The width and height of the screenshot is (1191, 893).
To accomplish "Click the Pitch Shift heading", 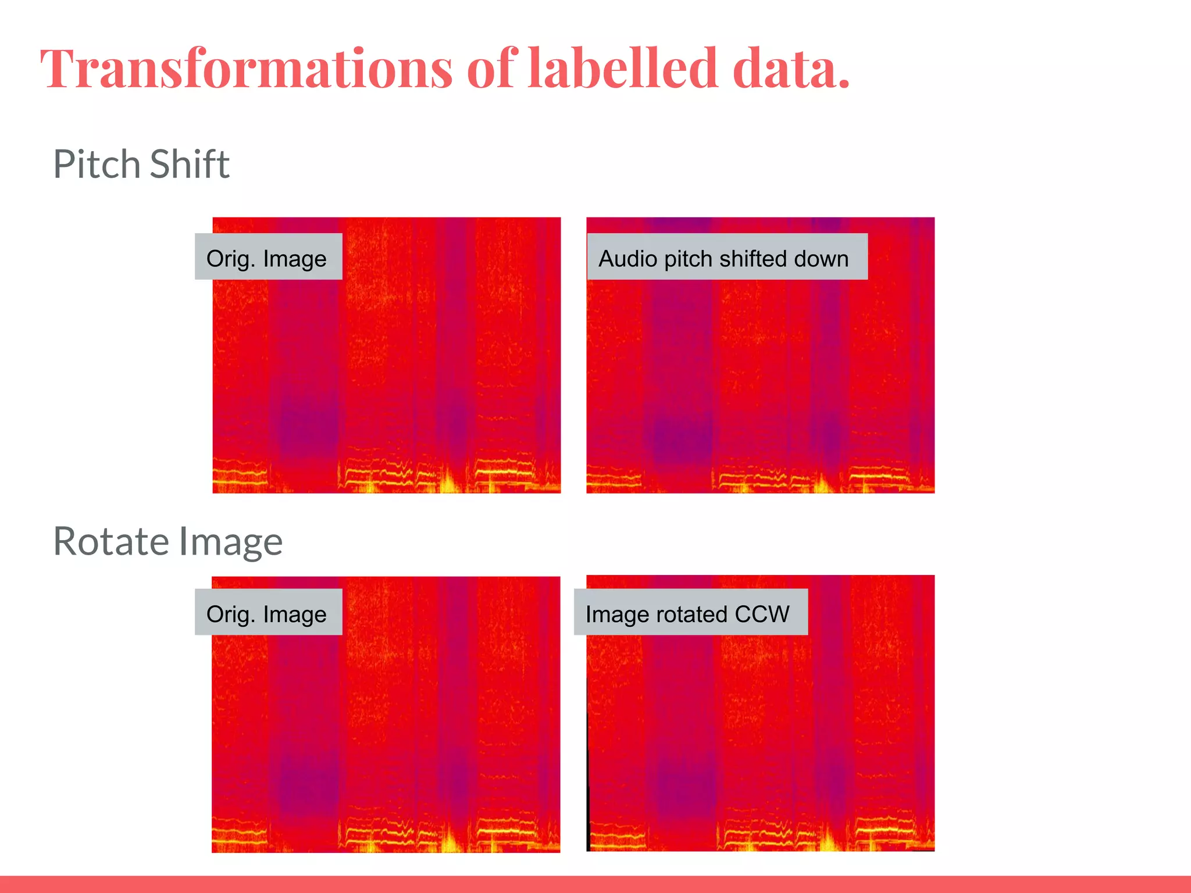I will point(141,165).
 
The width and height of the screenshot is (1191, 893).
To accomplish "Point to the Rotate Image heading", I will point(167,541).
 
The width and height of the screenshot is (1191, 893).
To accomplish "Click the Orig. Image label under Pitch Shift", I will point(267,258).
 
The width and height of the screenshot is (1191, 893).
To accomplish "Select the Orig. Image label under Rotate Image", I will point(267,613).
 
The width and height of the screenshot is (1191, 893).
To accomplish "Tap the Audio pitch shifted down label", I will point(724,258).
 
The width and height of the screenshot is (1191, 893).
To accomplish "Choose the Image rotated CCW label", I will point(688,613).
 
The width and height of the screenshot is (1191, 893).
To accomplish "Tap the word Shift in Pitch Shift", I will point(190,165).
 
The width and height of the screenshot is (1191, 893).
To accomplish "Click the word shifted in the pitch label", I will point(750,258).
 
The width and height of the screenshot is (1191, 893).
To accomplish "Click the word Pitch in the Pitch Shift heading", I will point(98,165).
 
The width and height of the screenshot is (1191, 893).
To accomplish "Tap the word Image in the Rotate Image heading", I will point(231,541).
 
